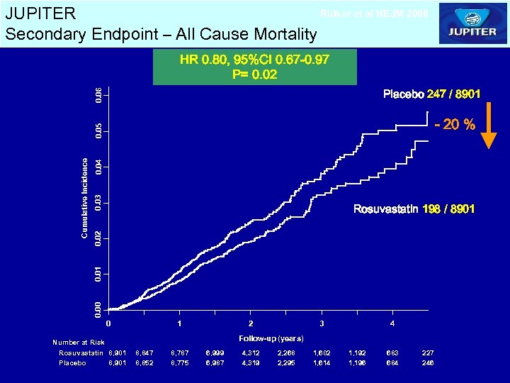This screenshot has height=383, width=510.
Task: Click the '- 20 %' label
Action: pos(455,125)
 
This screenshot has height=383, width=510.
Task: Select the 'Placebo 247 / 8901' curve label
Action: pos(432,94)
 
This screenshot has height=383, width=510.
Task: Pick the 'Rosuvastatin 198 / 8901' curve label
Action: pos(414,209)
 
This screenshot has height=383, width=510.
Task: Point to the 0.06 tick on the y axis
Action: pos(99,94)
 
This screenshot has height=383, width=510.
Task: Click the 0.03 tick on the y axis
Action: pos(99,201)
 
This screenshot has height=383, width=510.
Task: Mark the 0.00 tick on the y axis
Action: pos(99,308)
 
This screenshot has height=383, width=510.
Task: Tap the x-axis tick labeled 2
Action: pos(251,323)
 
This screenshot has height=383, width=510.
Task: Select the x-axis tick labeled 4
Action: pos(392,323)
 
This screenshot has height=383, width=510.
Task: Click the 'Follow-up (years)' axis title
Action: pos(271,338)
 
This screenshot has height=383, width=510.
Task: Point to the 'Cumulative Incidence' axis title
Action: pos(84,198)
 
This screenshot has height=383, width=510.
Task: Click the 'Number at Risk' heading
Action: pos(79,343)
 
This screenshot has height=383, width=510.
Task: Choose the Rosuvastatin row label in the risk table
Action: pos(81,353)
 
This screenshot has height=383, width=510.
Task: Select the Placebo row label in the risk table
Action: pos(72,362)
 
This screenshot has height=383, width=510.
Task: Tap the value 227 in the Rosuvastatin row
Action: pos(428,353)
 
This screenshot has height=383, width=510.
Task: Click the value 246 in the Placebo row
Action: pos(428,362)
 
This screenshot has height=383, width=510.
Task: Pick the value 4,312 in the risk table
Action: pos(251,353)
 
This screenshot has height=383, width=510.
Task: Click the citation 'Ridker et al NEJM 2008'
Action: pos(374,13)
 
